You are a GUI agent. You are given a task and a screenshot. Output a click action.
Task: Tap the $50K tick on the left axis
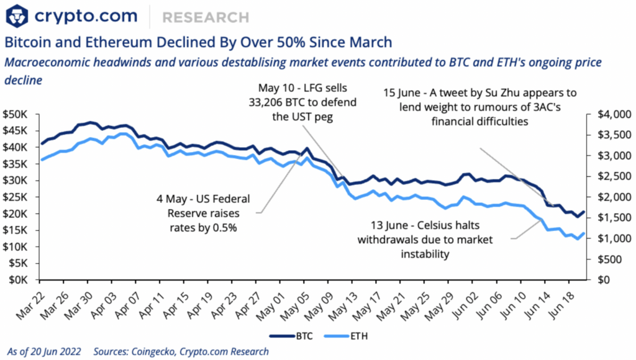(x=19, y=114)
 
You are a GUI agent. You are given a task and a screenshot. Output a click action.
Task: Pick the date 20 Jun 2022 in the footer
(x=52, y=351)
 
